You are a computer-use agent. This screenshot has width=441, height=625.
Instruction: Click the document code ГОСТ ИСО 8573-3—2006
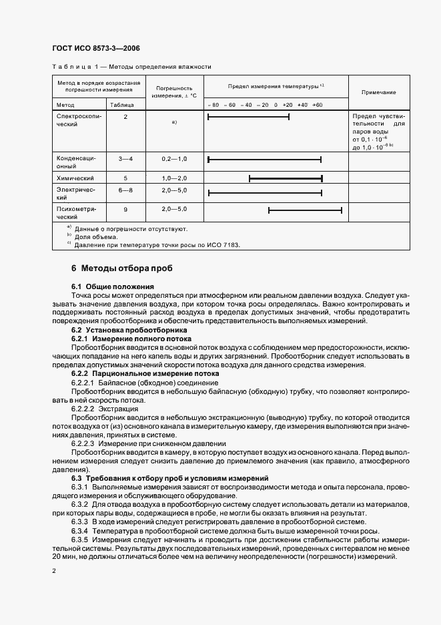[x=96, y=48]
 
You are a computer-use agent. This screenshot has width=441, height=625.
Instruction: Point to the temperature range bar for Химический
[x=286, y=178]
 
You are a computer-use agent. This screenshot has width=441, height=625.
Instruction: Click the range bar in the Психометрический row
[x=305, y=210]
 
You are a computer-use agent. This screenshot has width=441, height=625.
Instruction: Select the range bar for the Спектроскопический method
[x=248, y=117]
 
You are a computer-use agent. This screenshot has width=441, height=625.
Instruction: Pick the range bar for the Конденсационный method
[x=264, y=160]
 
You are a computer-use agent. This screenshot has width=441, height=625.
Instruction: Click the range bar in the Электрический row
[x=265, y=194]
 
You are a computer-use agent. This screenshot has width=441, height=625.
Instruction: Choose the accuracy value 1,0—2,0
[x=174, y=178]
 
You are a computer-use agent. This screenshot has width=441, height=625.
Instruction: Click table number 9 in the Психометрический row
[x=125, y=210]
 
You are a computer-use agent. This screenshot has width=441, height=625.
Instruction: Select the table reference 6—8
[x=125, y=190]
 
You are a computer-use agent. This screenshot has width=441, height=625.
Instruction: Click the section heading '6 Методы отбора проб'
[x=121, y=268]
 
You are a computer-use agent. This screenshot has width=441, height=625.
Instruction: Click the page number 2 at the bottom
[x=54, y=572]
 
